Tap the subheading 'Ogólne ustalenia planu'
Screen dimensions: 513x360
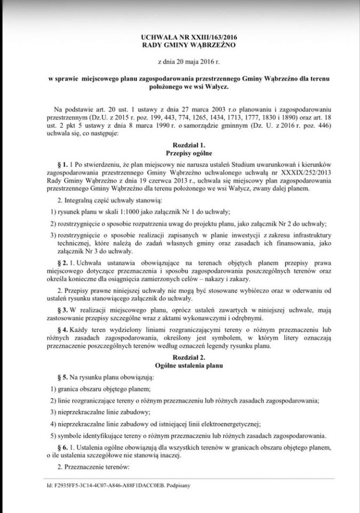pyautogui.click(x=180, y=366)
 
